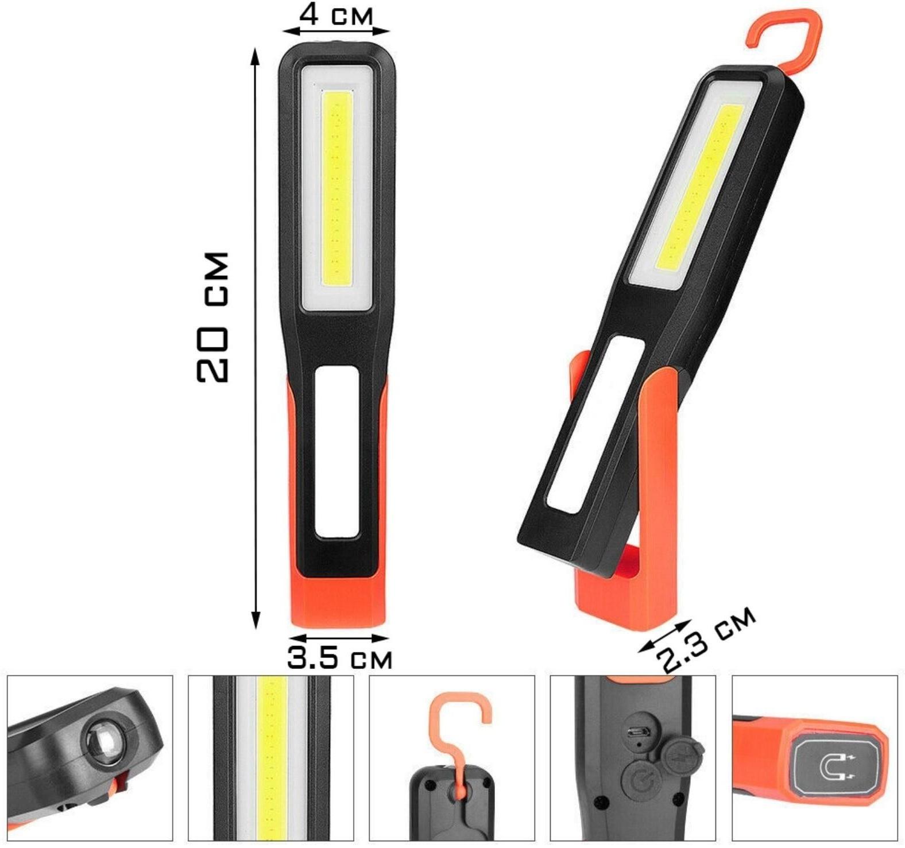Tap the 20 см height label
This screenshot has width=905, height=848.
click(x=212, y=316)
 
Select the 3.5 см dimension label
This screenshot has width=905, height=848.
click(x=339, y=657)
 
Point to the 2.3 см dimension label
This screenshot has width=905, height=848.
click(x=707, y=640)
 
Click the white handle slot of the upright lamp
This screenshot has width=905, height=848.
click(x=338, y=452)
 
